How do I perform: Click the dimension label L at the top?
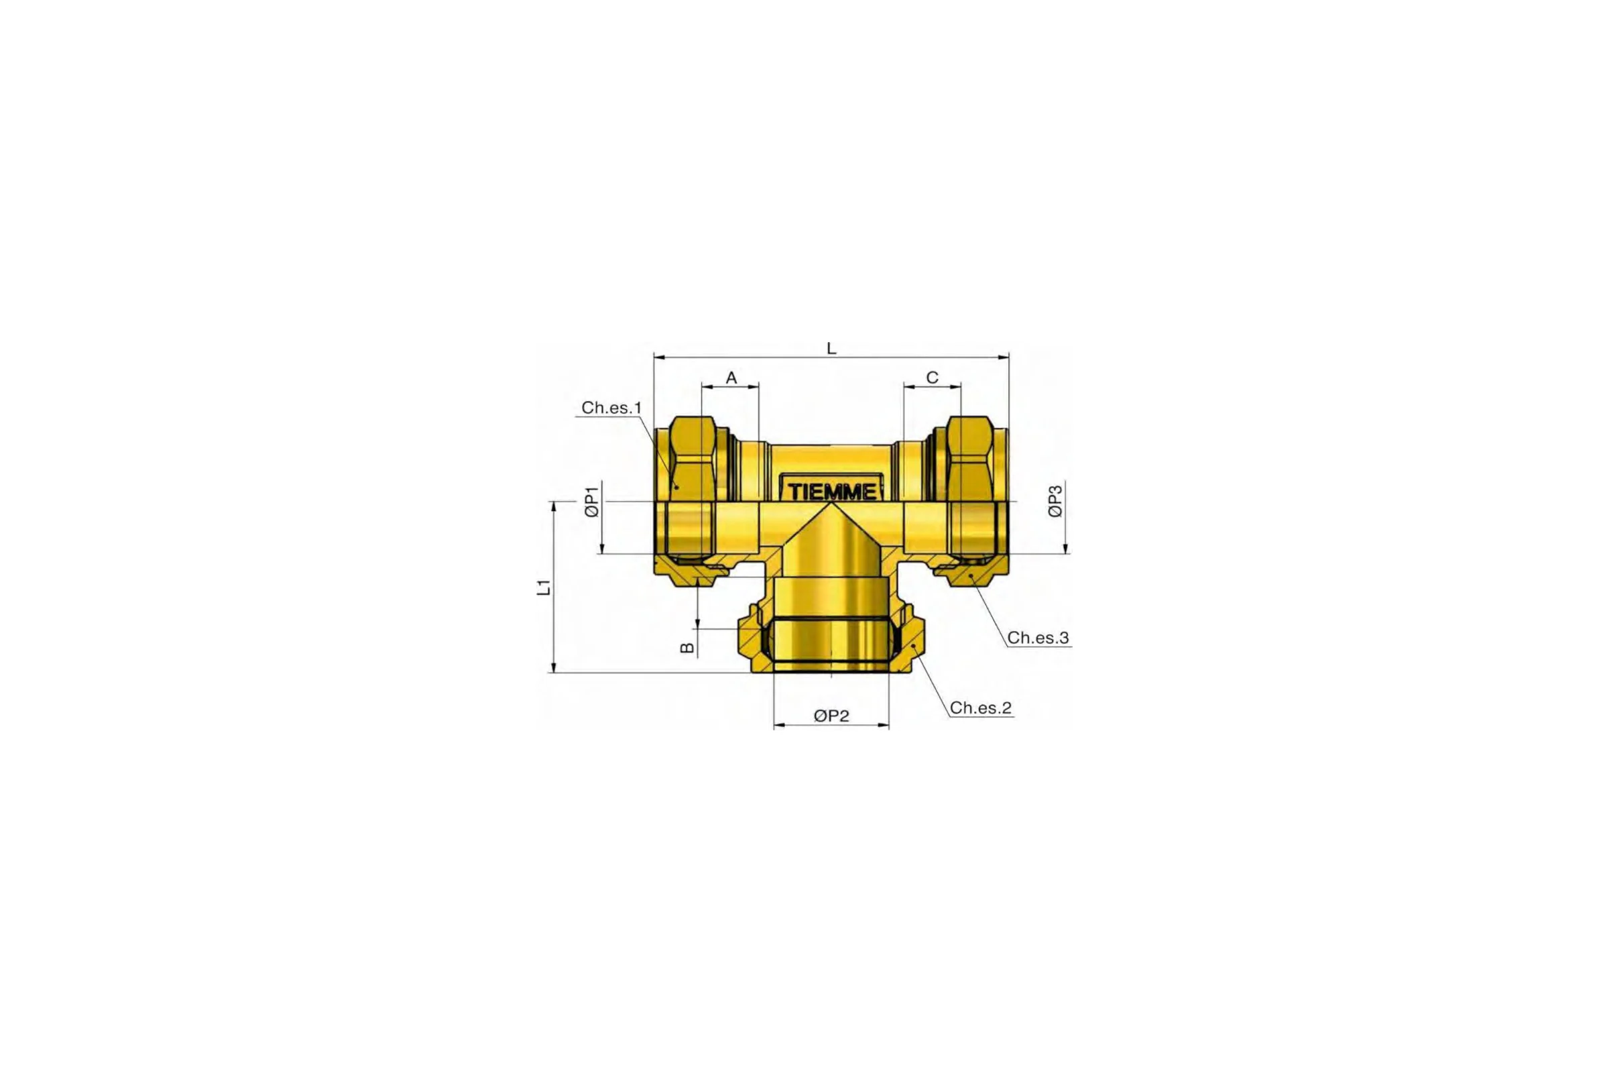pos(831,348)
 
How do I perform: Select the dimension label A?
pos(731,378)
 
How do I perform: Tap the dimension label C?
pos(932,378)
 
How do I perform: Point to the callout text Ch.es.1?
pos(611,408)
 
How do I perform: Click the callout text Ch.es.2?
pos(980,708)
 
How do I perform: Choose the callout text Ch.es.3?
pos(1038,638)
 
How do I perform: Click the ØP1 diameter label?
pos(593,501)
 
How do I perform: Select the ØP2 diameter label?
pos(831,716)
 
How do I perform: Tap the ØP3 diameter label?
pos(1057,501)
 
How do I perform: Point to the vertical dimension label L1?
pos(543,587)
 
